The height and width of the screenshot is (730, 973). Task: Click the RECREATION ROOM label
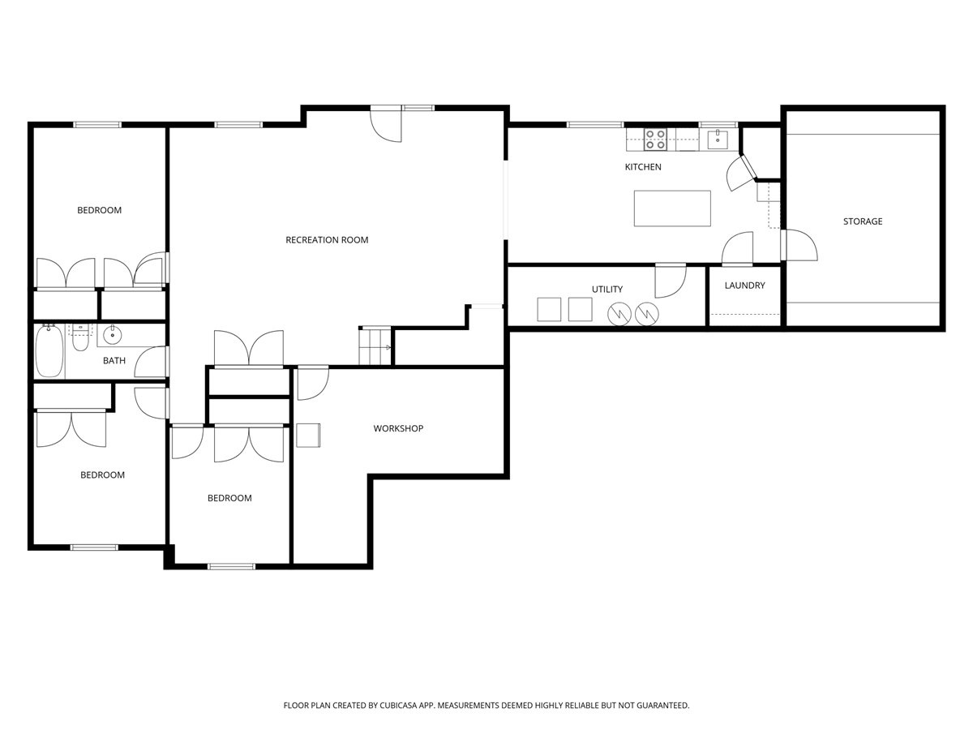[327, 240]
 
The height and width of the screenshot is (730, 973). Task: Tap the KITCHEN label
[643, 167]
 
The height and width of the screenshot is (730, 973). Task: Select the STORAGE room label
[862, 221]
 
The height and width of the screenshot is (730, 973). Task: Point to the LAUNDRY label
[744, 286]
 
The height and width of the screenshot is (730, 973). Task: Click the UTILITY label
[607, 290]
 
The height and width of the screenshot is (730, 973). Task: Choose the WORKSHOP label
[398, 428]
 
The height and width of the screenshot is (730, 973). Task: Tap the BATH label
[114, 361]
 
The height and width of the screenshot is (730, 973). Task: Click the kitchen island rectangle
[672, 208]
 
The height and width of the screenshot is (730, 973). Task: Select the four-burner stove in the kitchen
[655, 140]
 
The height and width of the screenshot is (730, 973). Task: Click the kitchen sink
[718, 140]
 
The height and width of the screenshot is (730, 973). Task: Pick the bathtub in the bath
[49, 351]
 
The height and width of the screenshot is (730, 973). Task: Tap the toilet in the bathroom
[80, 339]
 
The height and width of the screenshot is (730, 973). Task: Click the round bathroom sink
[113, 334]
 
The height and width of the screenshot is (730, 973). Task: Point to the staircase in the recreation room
[375, 346]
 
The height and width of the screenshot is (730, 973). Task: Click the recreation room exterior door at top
[387, 124]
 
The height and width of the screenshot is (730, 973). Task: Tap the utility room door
[670, 280]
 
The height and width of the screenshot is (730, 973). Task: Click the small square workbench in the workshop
[308, 435]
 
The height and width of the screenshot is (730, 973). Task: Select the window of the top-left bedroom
[97, 124]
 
